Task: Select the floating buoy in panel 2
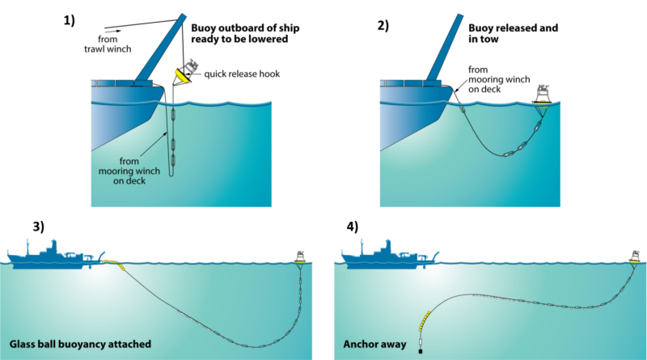[x=543, y=96]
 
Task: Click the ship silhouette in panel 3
[x=53, y=253]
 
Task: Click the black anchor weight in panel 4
[x=421, y=352]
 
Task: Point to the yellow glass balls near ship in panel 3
[x=116, y=263]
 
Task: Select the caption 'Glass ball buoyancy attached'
[x=80, y=344]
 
